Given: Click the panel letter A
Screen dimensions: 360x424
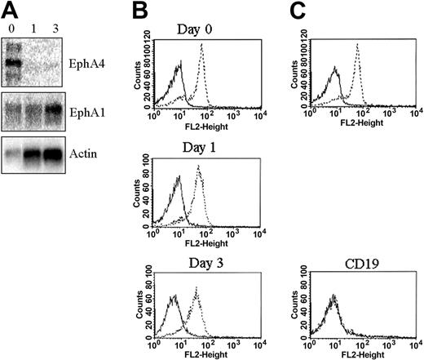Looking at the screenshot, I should pos(11,9).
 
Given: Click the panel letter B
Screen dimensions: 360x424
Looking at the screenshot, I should pos(139,10).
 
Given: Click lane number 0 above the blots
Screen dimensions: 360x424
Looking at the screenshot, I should pos(12,24).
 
